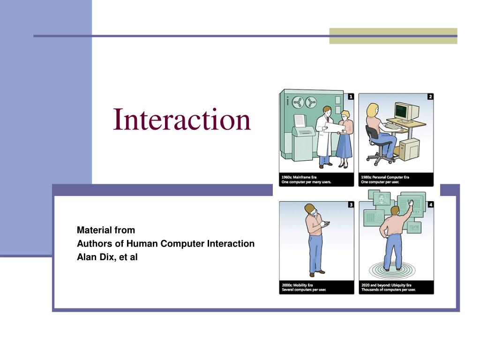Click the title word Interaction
(x=182, y=120)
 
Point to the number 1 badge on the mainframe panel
(x=351, y=97)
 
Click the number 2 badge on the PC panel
(x=430, y=97)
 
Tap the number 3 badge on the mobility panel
(x=351, y=205)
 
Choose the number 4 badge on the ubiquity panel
(x=431, y=205)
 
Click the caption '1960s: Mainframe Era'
(x=299, y=177)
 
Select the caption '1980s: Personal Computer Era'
(x=385, y=177)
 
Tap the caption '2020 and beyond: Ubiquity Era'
(x=386, y=285)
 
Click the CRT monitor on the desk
(x=406, y=112)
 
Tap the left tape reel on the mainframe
(x=298, y=102)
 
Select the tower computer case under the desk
(x=410, y=149)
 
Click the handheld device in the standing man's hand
(x=326, y=224)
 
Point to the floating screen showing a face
(x=382, y=199)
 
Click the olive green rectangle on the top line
(x=393, y=36)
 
